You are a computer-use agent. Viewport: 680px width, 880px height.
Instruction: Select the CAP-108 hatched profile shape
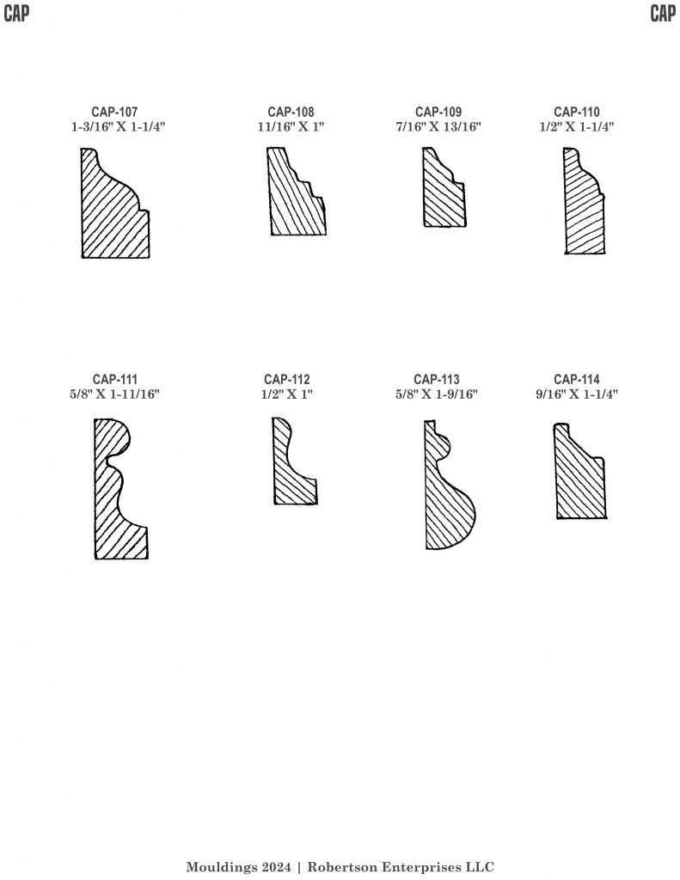295,197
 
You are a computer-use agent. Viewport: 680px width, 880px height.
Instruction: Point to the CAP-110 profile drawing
582,208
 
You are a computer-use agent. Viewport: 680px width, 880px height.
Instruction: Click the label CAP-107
114,113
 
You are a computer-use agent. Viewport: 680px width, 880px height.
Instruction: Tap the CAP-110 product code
577,113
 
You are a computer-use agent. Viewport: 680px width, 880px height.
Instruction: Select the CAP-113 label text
437,379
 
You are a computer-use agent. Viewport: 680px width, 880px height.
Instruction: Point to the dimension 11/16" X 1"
291,127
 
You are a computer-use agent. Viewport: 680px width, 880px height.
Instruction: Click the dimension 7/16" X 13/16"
438,127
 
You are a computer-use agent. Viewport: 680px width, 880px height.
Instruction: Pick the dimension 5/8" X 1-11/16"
114,394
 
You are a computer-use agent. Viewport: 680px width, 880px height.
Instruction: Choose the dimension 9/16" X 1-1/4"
577,394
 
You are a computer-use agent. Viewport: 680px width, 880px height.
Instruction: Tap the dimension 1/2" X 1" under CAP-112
287,394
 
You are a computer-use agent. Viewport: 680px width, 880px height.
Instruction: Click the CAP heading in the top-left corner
16,13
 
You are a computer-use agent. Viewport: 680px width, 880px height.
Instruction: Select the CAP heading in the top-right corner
663,13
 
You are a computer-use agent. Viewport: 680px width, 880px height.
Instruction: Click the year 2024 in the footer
276,867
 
